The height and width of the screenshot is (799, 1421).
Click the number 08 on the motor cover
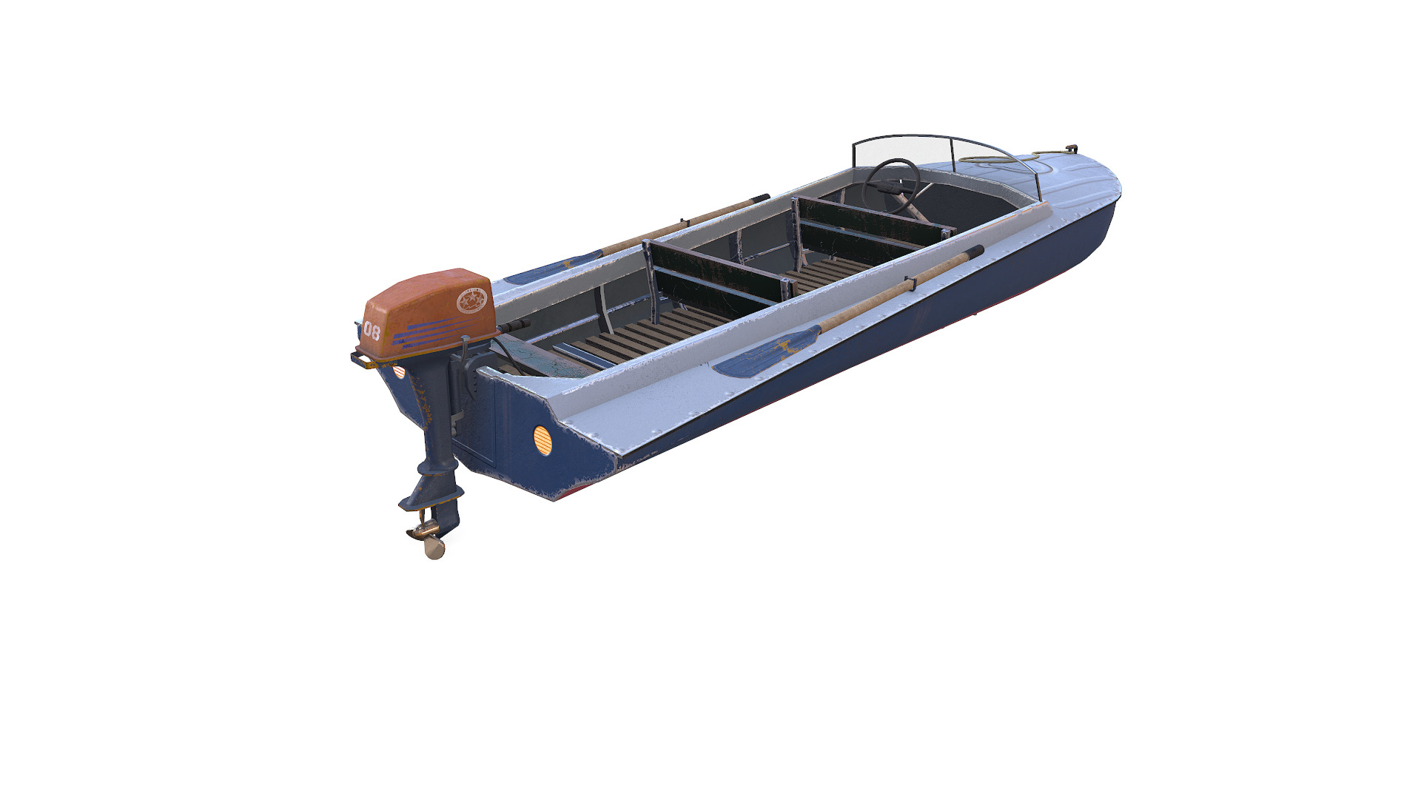pos(372,332)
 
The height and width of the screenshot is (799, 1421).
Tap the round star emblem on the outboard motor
pos(474,300)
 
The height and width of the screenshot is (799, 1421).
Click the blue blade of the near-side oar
pos(766,354)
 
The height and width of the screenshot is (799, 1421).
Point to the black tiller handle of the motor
pos(514,326)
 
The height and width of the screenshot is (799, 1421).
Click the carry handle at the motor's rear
pos(360,360)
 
